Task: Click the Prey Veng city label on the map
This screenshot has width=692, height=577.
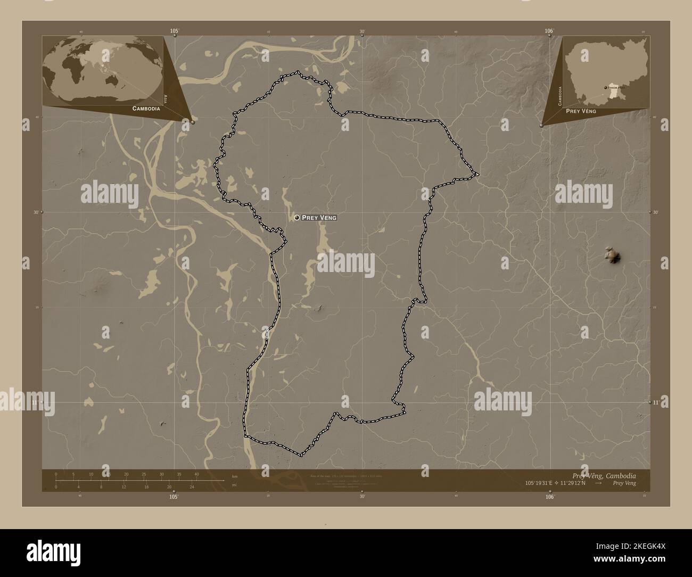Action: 319,218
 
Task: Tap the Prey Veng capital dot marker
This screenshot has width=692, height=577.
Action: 296,218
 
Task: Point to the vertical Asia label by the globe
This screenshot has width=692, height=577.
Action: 166,98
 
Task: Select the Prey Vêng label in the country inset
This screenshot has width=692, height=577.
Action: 581,112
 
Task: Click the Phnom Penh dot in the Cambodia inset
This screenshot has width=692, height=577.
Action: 606,88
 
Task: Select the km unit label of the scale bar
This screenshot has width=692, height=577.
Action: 235,476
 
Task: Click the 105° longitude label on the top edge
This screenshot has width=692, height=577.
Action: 174,31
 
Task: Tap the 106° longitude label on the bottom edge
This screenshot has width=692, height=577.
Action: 549,496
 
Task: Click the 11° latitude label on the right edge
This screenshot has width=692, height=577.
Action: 655,403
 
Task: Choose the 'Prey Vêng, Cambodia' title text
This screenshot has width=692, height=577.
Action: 603,475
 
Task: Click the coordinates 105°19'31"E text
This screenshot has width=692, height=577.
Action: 542,483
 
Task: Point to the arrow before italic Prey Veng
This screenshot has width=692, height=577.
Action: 598,483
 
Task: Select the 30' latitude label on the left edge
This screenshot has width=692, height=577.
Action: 37,212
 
